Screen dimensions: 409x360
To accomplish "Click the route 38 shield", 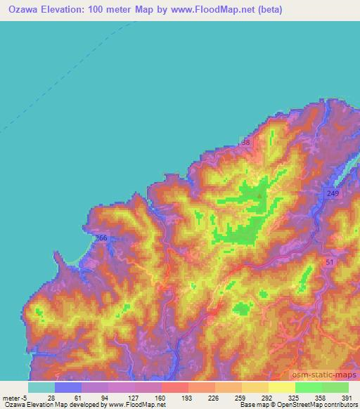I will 245,143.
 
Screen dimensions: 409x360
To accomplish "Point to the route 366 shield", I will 102,239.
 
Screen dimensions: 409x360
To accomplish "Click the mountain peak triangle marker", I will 260,196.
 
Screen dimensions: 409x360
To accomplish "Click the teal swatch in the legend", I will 41,387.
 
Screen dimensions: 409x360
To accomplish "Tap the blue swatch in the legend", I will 67,387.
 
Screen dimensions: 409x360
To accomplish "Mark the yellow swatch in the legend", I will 281,387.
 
